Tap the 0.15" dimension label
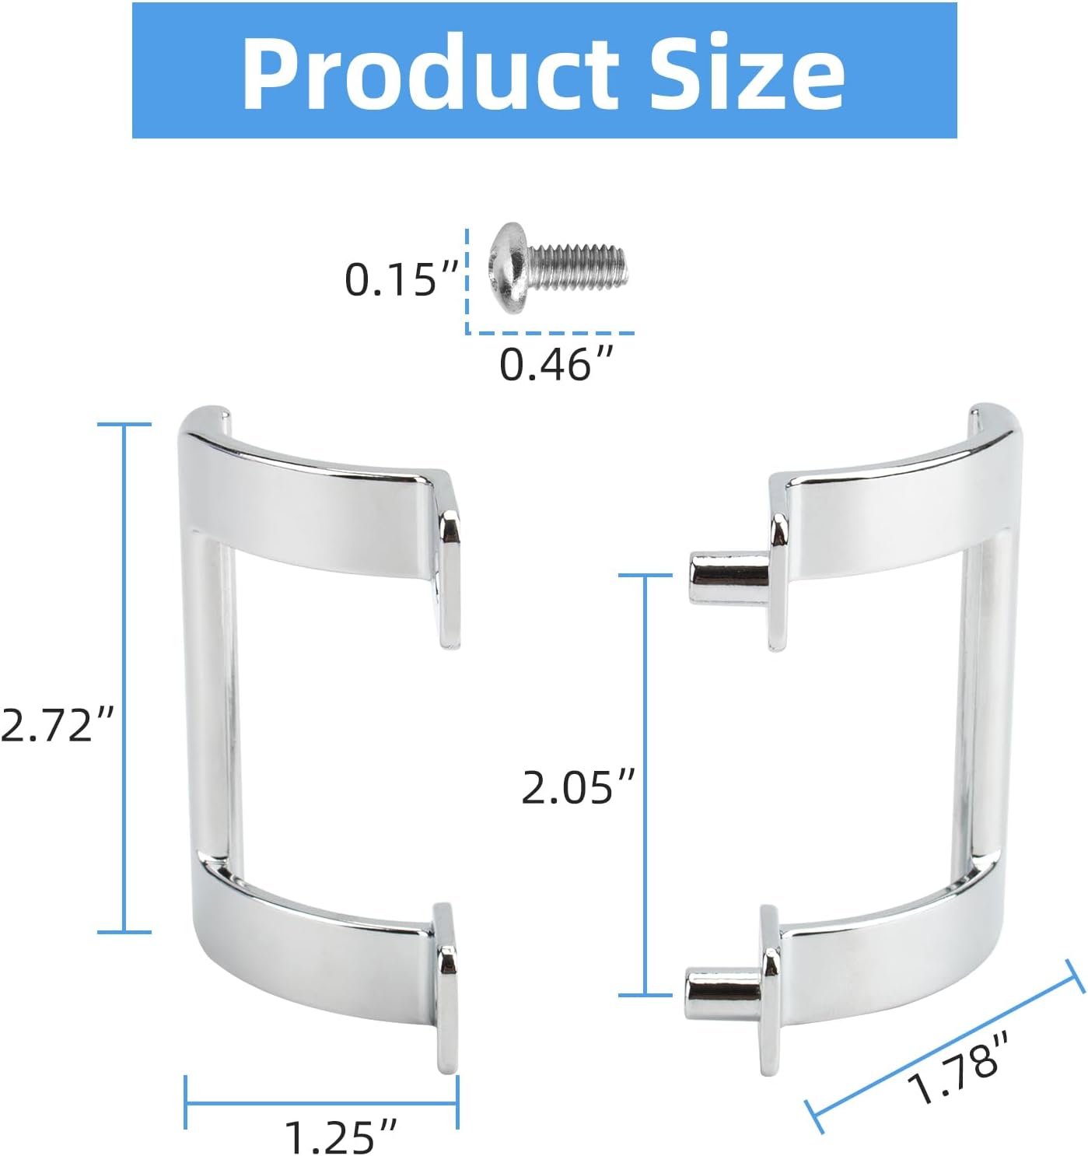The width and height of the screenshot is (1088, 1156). pos(401,280)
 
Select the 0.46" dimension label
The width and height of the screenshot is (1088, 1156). pos(557,364)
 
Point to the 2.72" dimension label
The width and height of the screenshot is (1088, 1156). pos(57,725)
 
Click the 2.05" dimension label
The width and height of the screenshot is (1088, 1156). pos(578,787)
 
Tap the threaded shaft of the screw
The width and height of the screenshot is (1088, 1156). pos(579,268)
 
